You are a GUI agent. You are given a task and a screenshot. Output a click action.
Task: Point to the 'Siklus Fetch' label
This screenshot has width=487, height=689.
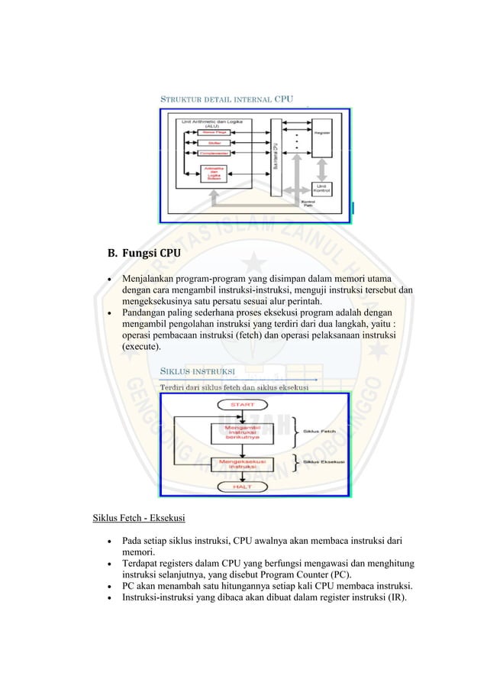321,431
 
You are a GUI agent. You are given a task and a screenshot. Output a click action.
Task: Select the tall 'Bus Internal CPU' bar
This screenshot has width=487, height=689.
276,157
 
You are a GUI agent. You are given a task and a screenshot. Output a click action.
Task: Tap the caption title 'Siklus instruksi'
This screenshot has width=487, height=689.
197,372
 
